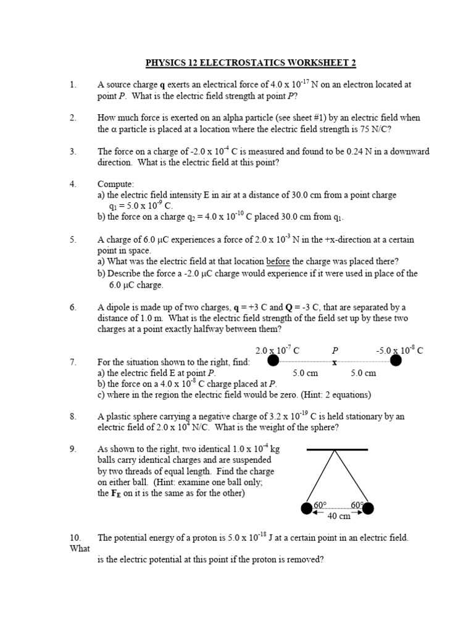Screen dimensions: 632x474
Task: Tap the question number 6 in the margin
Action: click(x=73, y=307)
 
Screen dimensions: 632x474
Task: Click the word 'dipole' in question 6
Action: click(x=120, y=307)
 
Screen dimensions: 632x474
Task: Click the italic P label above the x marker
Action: click(x=335, y=351)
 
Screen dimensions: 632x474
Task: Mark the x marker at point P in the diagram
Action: click(x=335, y=363)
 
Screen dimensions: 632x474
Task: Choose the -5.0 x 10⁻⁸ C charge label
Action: click(x=399, y=350)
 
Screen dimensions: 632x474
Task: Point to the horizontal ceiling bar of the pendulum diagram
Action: click(x=337, y=449)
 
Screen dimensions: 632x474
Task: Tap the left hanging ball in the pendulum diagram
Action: click(x=306, y=509)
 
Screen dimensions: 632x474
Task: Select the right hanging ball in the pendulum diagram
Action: click(x=368, y=509)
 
